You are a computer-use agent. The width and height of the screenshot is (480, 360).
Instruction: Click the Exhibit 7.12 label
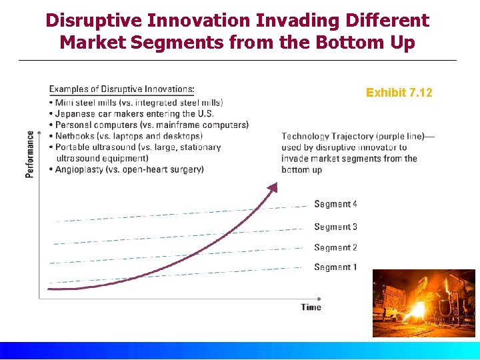click(x=399, y=93)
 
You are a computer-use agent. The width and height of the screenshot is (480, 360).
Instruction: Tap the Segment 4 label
click(x=335, y=204)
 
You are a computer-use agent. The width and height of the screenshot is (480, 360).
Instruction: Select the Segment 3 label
click(x=335, y=227)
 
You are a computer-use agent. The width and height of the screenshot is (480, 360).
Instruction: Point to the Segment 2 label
click(x=335, y=247)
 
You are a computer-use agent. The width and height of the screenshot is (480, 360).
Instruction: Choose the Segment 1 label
click(x=335, y=267)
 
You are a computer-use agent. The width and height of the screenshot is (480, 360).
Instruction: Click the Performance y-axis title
click(x=30, y=153)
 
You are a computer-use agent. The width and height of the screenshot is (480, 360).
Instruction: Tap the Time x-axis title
click(x=311, y=307)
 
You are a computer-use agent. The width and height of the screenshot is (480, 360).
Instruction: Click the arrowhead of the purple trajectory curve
click(x=272, y=187)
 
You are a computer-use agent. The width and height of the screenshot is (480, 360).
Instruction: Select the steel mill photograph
click(x=423, y=303)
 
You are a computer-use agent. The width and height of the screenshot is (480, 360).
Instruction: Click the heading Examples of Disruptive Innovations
click(x=122, y=89)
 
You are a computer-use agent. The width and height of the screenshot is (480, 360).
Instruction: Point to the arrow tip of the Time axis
click(x=321, y=298)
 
